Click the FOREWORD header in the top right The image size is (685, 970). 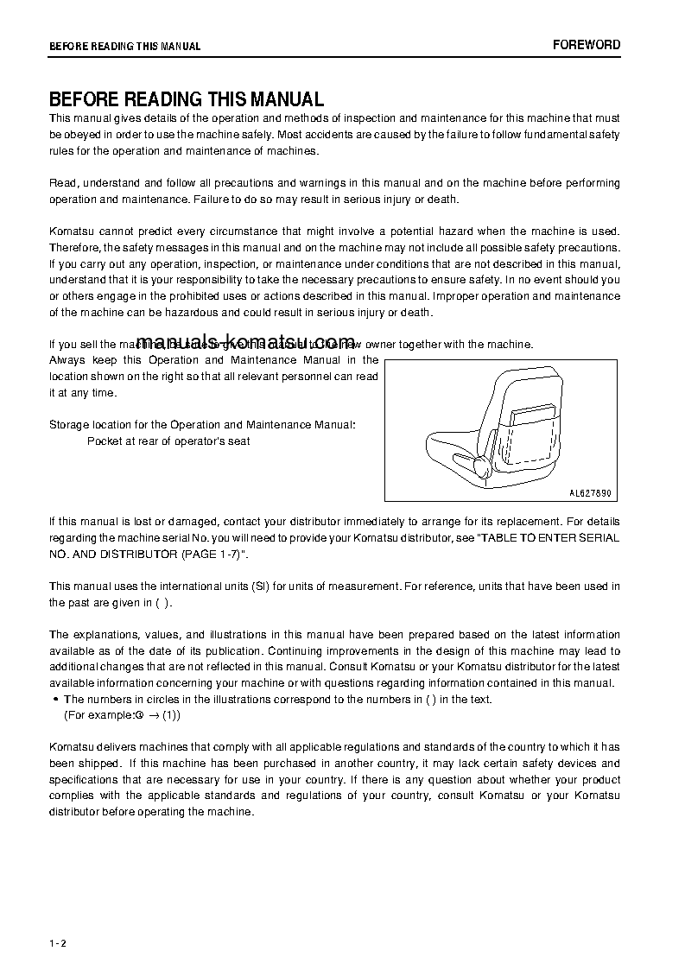[586, 45]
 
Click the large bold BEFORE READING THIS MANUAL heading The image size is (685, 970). [186, 99]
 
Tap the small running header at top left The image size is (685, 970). [124, 47]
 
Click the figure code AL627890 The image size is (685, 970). [590, 493]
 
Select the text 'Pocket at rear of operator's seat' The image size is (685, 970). [168, 441]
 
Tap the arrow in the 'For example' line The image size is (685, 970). [151, 716]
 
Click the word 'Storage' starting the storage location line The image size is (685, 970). [68, 425]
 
